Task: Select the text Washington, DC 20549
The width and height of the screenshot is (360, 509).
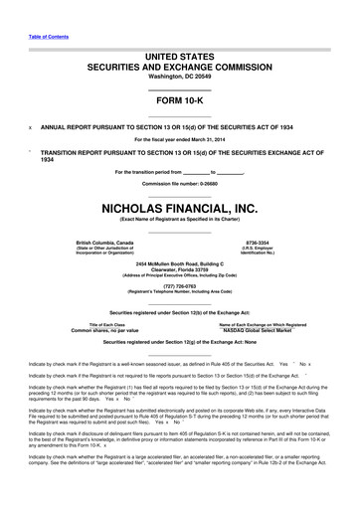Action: [180, 77]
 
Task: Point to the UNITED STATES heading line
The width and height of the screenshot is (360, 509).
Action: [180, 53]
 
